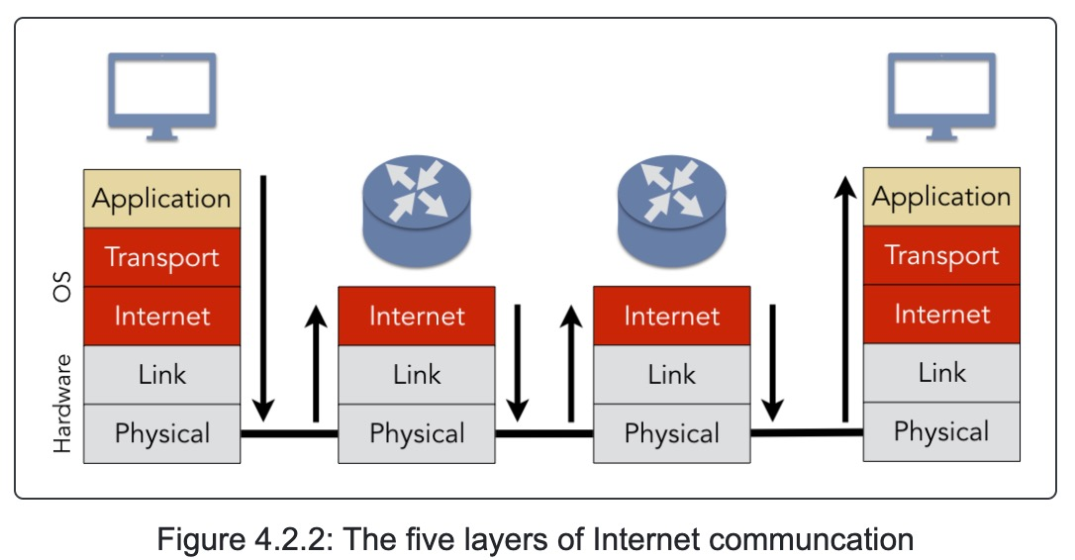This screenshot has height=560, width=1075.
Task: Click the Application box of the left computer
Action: [161, 199]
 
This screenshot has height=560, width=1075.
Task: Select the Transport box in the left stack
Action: [161, 257]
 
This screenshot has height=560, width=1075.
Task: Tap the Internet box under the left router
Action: [416, 316]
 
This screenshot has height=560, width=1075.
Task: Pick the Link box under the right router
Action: [671, 375]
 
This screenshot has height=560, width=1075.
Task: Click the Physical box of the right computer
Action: [940, 431]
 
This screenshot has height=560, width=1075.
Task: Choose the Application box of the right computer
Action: [940, 197]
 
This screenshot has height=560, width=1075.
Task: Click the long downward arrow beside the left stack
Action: [263, 297]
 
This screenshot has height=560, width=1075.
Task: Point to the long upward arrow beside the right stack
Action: [845, 297]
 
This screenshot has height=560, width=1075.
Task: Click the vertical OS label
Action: [62, 286]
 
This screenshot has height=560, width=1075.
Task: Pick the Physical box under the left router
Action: [416, 433]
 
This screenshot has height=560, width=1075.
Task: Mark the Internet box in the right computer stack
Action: [940, 315]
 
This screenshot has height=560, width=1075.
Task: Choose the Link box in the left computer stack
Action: [161, 375]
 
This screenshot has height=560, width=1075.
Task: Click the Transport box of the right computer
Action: [940, 255]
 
